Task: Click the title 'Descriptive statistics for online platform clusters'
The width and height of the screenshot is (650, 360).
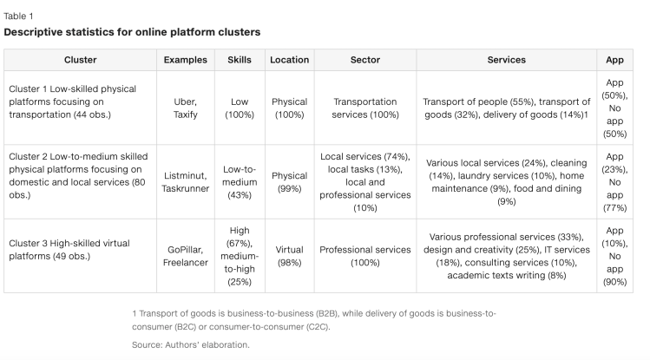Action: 132,32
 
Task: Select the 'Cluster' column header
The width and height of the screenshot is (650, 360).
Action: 80,60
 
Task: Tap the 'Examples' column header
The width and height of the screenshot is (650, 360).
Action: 186,60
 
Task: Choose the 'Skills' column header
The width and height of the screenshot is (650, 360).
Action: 240,60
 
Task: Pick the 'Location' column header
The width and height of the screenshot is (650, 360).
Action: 289,60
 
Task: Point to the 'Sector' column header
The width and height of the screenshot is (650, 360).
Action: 364,60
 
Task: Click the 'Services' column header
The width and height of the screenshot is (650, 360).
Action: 507,60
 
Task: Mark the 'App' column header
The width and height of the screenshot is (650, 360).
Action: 614,60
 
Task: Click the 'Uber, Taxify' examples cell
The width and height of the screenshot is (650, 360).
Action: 186,108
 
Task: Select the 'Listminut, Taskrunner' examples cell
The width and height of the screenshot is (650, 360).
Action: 186,182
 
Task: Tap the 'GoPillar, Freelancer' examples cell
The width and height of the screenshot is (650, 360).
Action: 186,256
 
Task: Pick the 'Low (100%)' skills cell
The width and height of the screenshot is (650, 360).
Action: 240,108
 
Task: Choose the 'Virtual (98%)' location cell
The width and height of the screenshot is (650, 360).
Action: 289,256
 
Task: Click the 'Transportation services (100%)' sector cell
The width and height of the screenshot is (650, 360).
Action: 364,108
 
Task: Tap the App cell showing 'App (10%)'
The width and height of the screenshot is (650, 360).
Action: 614,256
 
